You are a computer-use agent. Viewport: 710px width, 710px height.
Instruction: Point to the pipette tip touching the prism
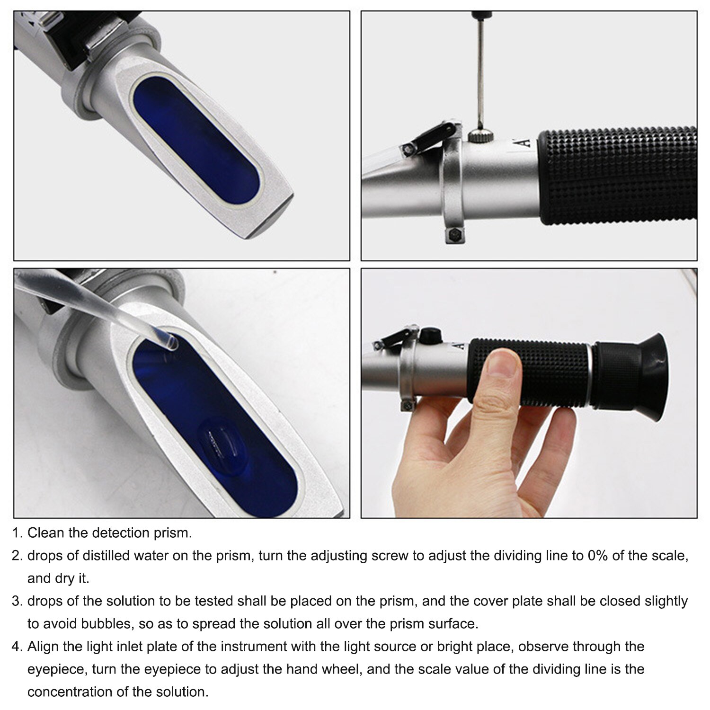pos(171,342)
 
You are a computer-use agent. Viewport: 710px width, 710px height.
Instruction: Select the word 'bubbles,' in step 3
pos(107,624)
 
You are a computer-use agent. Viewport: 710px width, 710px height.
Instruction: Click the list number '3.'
pos(17,601)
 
